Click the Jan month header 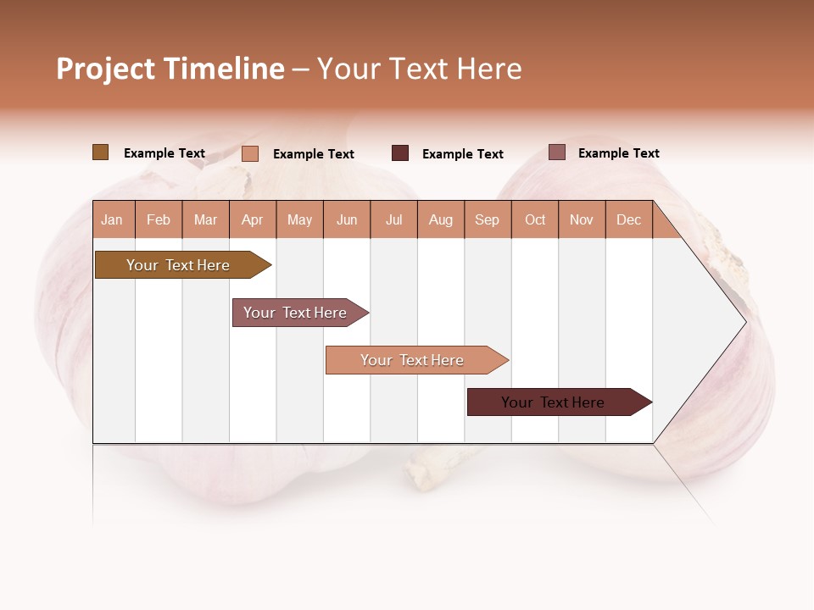point(113,219)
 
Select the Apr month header point(253,219)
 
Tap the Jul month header point(393,219)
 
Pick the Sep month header point(487,219)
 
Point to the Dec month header point(628,219)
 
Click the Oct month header point(535,219)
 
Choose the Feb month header point(159,219)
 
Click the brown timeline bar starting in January point(178,265)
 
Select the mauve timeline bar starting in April point(295,313)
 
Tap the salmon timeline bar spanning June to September point(412,360)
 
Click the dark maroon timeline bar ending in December point(553,402)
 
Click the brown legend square point(100,152)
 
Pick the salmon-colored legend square point(249,153)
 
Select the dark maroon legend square point(400,153)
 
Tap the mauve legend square point(556,152)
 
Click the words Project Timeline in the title point(170,69)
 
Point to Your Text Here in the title point(419,69)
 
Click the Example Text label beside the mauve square point(618,153)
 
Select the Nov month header point(582,219)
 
